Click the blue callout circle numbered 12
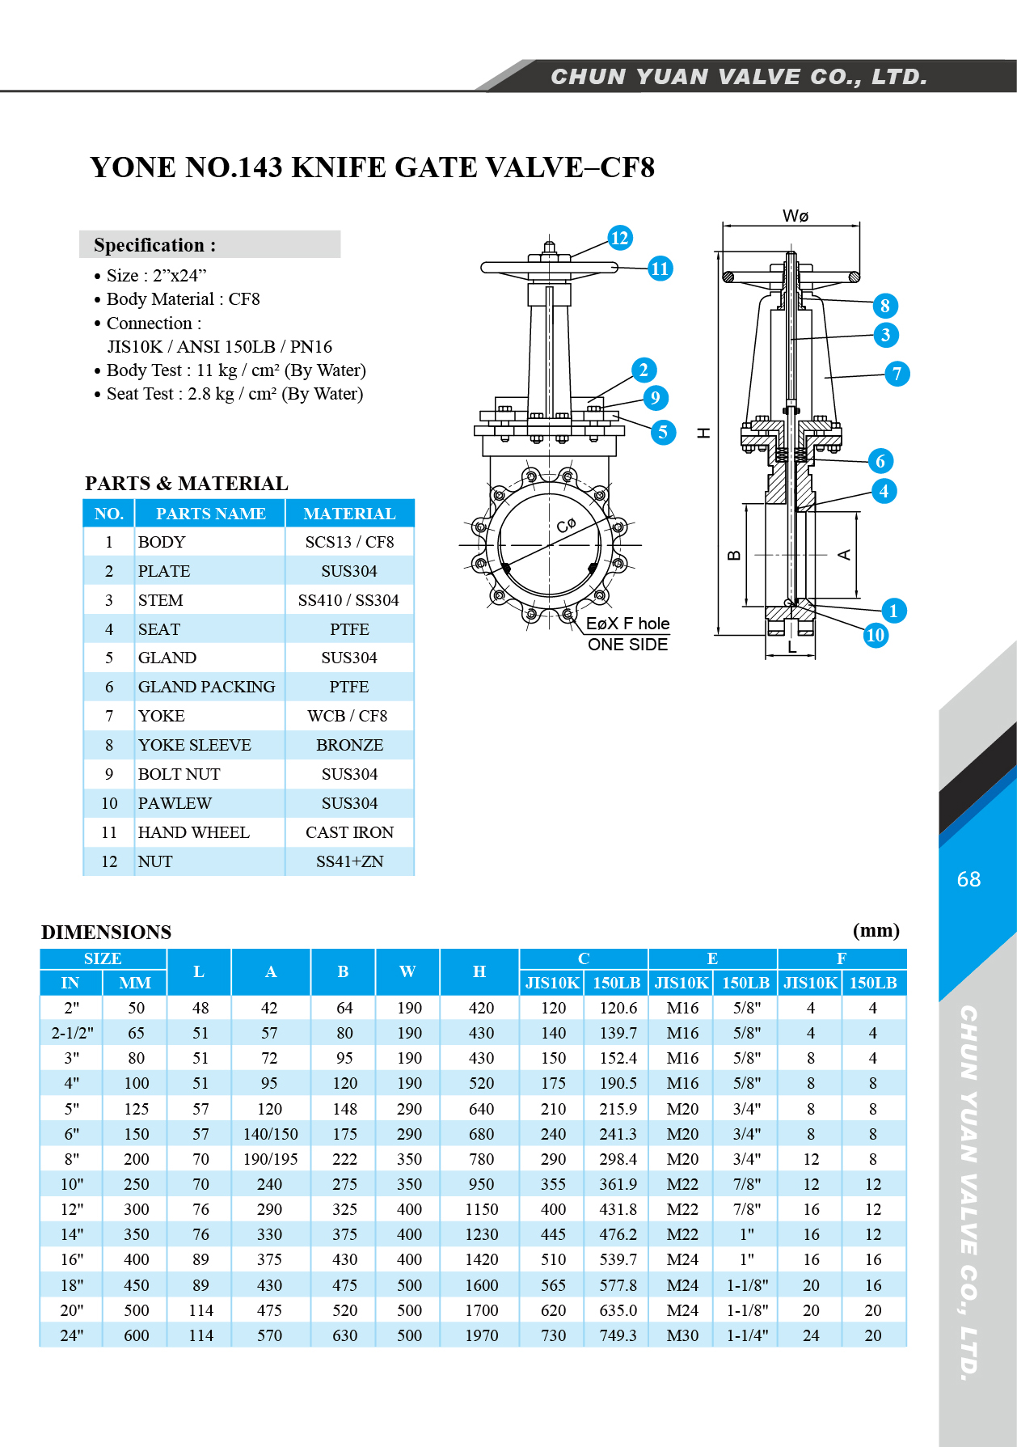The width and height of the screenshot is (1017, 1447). tap(619, 238)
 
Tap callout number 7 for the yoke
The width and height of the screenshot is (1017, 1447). tap(896, 374)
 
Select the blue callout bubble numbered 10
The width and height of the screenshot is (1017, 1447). tap(875, 635)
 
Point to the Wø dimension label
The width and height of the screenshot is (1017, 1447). tap(795, 216)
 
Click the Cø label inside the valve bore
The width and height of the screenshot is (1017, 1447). tap(566, 525)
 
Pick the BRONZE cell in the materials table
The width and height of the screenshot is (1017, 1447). tap(349, 745)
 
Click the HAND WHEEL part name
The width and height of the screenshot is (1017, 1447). tap(193, 832)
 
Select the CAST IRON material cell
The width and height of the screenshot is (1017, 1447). tap(349, 832)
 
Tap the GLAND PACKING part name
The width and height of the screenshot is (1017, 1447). tap(206, 687)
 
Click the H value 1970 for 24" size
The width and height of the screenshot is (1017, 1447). tap(481, 1335)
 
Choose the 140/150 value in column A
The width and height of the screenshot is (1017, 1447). tap(270, 1134)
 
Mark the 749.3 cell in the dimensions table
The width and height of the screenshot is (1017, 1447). tap(618, 1335)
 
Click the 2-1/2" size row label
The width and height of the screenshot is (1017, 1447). tap(72, 1033)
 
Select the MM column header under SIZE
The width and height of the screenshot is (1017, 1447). tap(135, 983)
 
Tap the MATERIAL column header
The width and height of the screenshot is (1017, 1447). tap(349, 514)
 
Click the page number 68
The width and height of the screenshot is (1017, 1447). tap(968, 879)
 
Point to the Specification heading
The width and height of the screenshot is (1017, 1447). tap(154, 245)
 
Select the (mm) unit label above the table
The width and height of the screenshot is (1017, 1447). tap(876, 930)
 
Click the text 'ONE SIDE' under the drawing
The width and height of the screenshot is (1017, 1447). tap(627, 645)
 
